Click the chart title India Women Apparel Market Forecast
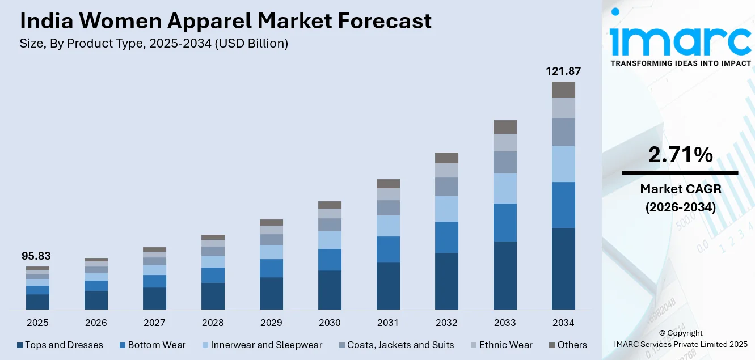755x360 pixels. [x=226, y=21]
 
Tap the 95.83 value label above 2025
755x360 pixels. [x=36, y=256]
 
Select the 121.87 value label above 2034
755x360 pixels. [x=563, y=71]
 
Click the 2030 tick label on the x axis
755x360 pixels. [x=330, y=323]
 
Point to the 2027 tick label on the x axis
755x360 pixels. [x=154, y=323]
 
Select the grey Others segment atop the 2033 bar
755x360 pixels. [x=505, y=126]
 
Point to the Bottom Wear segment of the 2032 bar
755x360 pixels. [x=446, y=237]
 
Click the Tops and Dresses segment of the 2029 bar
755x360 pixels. [x=271, y=293]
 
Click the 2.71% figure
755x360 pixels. [x=680, y=155]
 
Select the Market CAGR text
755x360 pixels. [x=680, y=188]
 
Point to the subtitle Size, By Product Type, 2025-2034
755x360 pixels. [x=154, y=44]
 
